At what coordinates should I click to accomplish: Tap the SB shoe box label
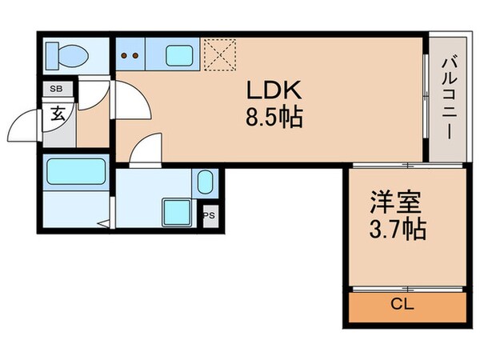tap(57, 89)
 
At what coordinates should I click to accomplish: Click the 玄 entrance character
tap(58, 113)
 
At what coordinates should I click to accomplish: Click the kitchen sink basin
tap(179, 56)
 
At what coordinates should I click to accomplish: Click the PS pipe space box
tap(210, 214)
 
